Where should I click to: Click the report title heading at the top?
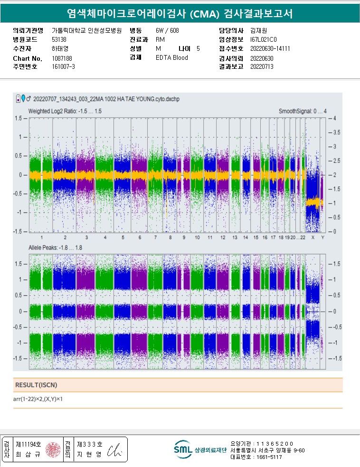180,14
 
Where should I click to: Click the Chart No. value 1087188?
62,58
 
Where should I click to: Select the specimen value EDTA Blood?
171,58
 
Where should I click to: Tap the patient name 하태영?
60,49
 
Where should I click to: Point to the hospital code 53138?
59,40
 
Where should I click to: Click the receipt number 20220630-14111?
270,49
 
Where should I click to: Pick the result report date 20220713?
262,67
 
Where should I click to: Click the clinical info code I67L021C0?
263,40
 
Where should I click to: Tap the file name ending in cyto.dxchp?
107,99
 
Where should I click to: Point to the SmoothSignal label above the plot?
303,111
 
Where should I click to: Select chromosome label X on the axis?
312,237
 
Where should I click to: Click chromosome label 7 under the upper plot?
155,237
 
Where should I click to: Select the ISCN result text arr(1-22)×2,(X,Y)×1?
38,399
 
